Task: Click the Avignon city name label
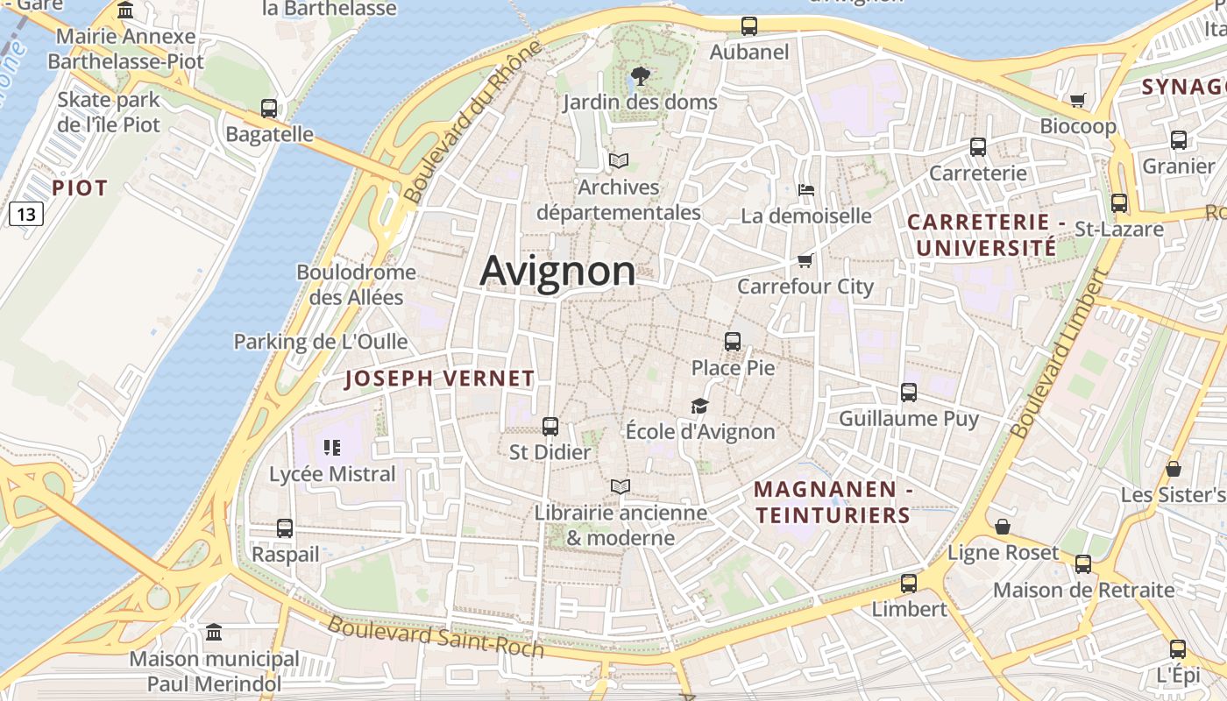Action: tap(557, 271)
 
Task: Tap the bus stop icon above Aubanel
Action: tap(748, 26)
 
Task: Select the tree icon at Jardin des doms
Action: tap(640, 76)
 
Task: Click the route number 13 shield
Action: tap(27, 213)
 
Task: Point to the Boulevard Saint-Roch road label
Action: tap(436, 637)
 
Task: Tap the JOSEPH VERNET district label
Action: tap(439, 379)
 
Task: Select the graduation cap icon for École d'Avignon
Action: tap(699, 406)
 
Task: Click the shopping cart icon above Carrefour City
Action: tap(805, 260)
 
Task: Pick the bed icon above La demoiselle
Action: tap(806, 189)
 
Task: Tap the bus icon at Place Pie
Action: tap(733, 342)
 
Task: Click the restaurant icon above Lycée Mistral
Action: tap(332, 449)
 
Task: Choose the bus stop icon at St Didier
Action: tap(550, 427)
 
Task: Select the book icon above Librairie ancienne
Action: tap(621, 486)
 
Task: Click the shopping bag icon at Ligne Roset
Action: tap(1003, 527)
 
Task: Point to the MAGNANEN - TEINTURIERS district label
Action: tap(833, 502)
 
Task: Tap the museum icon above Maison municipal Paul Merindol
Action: tap(214, 632)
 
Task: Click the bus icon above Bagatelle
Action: tap(269, 109)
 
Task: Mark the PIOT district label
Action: tap(80, 188)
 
